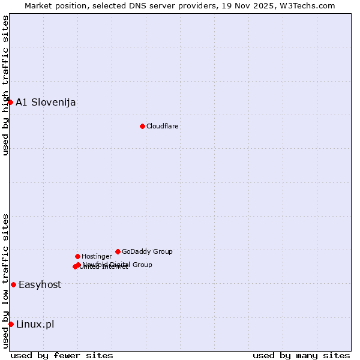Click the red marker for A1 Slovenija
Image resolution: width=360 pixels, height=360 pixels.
10,102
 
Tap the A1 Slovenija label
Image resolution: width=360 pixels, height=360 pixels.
46,102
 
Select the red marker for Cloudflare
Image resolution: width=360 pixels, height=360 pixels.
142,126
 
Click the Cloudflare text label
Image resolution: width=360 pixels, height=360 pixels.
162,126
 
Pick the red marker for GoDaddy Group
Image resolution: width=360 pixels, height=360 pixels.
118,251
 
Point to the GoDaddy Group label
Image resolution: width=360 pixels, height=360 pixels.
147,251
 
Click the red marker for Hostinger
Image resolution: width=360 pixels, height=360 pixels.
77,256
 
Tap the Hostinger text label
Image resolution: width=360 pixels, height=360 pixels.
97,256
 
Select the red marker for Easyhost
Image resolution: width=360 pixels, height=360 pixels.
13,284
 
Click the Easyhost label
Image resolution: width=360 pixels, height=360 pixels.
40,284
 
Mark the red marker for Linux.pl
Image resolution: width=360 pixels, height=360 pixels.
11,324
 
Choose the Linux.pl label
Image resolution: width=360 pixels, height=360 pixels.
35,324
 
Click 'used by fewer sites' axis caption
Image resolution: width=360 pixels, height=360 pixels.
62,355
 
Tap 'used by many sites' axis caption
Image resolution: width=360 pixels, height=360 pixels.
301,355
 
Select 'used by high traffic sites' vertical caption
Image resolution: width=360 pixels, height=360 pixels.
5,85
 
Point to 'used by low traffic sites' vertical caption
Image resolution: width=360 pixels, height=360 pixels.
5,281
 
